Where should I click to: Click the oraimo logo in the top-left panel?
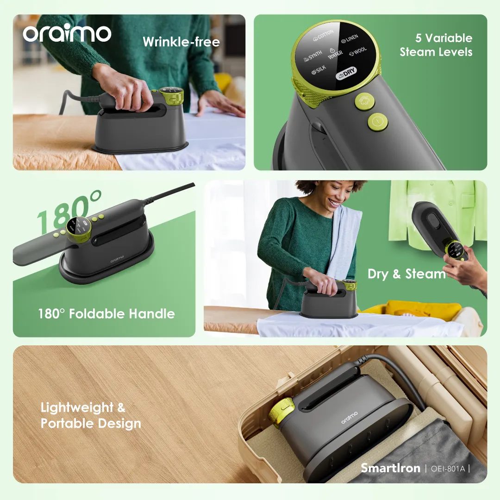click(x=67, y=33)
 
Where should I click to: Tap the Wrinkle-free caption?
click(x=181, y=42)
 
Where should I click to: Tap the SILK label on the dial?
click(x=319, y=71)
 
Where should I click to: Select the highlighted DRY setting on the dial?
click(x=347, y=74)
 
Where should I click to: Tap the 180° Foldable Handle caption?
click(x=106, y=314)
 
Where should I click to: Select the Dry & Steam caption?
click(x=406, y=274)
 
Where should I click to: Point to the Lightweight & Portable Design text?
click(x=91, y=416)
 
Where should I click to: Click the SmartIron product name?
click(x=390, y=468)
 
